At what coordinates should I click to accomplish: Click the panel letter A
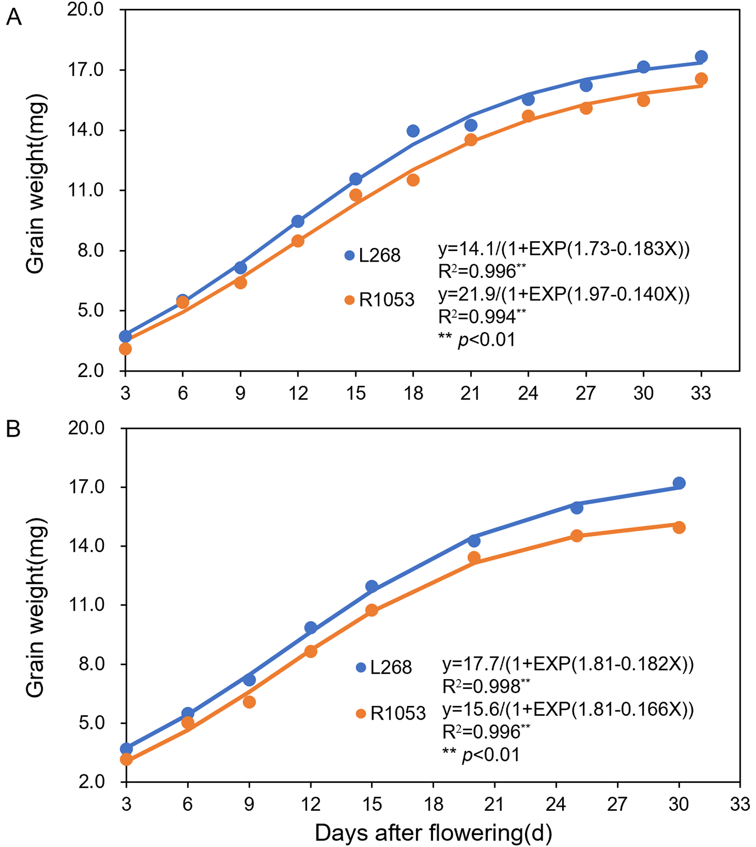point(13,18)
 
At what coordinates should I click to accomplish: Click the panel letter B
point(13,429)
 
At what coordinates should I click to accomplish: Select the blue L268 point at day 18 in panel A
point(413,131)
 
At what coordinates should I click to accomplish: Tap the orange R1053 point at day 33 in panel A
point(701,79)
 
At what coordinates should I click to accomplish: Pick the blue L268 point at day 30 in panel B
point(679,483)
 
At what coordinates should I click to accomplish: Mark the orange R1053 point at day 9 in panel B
point(249,702)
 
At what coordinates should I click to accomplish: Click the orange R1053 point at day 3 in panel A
point(125,349)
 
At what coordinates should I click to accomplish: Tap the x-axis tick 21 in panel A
point(470,393)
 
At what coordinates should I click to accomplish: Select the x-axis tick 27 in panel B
point(618,804)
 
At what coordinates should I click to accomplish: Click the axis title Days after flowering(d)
point(433,833)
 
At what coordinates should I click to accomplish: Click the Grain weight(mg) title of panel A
point(35,184)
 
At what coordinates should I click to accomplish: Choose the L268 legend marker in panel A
point(349,256)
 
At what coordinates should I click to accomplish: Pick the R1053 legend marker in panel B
point(361,713)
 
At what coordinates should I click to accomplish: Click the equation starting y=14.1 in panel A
point(564,249)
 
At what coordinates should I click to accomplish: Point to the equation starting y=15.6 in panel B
point(568,710)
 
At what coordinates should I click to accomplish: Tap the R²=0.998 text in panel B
point(486,686)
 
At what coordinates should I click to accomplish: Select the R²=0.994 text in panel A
point(482,316)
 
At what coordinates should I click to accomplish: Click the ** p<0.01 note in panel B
point(481,755)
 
